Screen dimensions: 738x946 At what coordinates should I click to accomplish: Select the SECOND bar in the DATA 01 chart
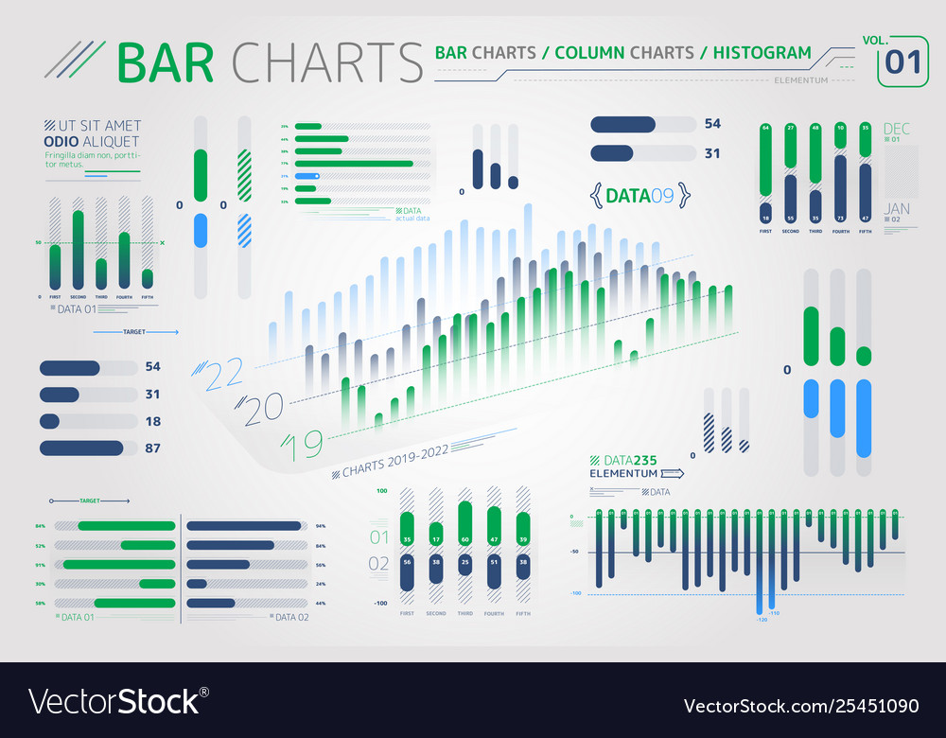pos(78,250)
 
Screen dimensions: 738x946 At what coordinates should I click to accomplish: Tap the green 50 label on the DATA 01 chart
pos(39,243)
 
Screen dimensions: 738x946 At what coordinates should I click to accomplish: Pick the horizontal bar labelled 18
pos(49,421)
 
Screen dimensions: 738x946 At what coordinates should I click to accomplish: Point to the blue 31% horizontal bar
pos(307,176)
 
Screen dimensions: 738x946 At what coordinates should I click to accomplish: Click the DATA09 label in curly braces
pos(639,196)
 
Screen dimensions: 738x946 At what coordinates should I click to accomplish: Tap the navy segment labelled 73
pos(840,189)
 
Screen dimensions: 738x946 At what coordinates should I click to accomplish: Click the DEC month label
pos(895,128)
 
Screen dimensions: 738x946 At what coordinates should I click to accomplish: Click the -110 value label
pos(774,614)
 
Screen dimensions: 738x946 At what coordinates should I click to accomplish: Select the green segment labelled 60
pos(464,520)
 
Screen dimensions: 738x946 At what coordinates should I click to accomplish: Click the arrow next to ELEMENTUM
pos(671,472)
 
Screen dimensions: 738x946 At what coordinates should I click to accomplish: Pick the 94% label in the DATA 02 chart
pos(321,526)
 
